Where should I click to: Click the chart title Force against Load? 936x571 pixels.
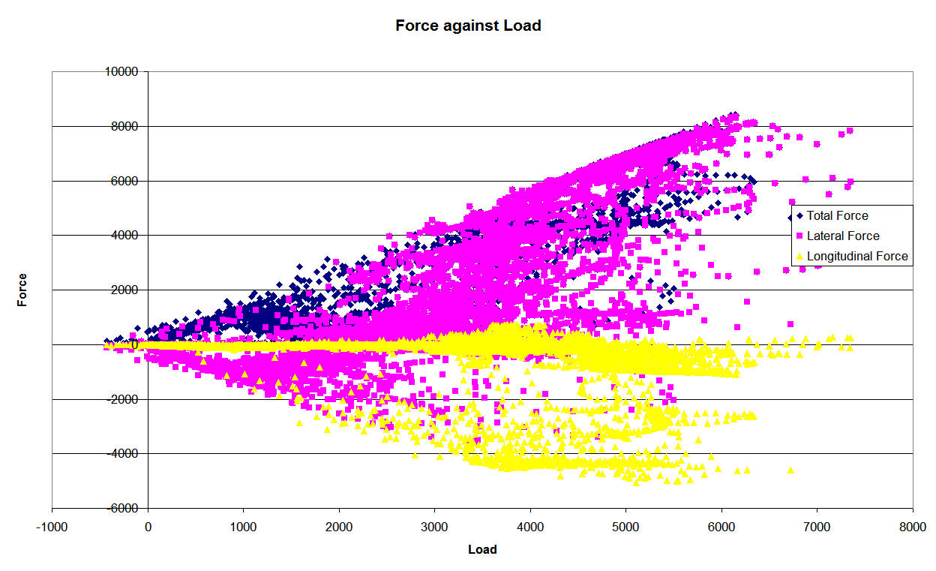[x=468, y=26]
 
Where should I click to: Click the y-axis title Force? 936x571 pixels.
[x=22, y=290]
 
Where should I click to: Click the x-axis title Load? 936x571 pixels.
[x=482, y=549]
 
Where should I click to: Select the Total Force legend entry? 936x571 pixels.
[x=837, y=215]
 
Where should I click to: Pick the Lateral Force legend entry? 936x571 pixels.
[x=842, y=236]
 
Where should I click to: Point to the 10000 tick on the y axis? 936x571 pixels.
[x=124, y=72]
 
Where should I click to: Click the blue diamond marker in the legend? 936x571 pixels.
[x=799, y=216]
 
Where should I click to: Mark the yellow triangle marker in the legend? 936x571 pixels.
[x=799, y=256]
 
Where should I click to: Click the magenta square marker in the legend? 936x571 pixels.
[x=799, y=236]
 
